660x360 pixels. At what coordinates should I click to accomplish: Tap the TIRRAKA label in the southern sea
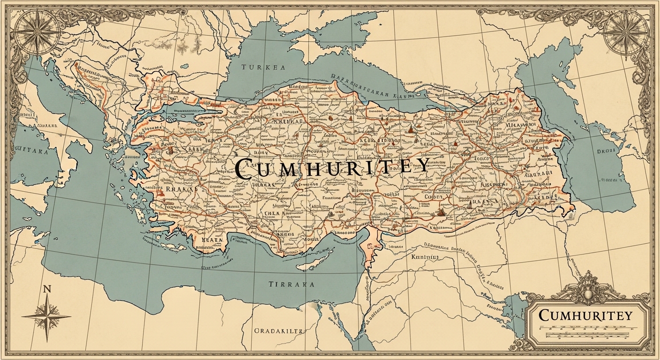click(292, 285)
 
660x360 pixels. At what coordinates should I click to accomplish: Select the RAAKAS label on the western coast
click(180, 188)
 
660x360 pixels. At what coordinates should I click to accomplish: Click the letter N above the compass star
click(46, 290)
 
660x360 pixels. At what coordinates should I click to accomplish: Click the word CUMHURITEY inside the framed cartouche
click(585, 315)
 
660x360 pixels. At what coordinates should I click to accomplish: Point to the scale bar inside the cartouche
click(585, 331)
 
